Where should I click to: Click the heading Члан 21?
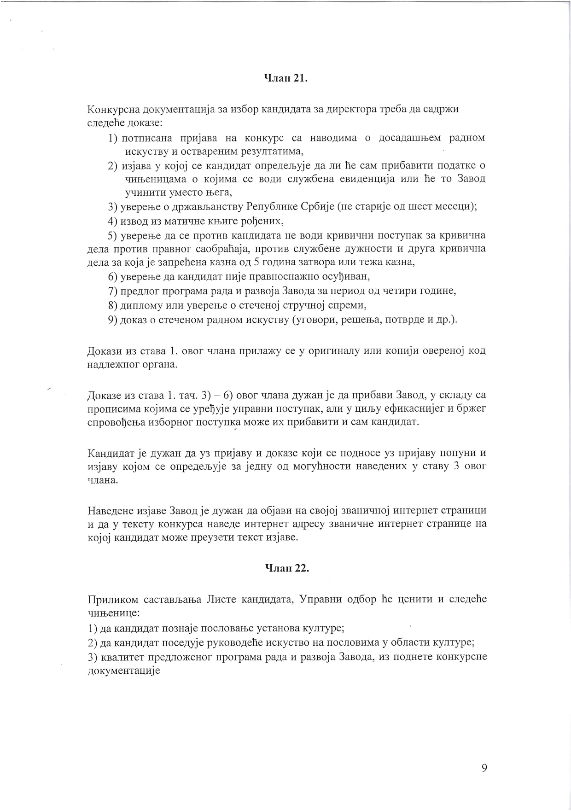pyautogui.click(x=285, y=78)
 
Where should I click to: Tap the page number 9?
pyautogui.click(x=484, y=767)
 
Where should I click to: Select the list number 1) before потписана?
pyautogui.click(x=114, y=138)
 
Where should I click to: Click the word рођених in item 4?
pyautogui.click(x=263, y=221)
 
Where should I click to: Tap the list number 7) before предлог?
pyautogui.click(x=113, y=291)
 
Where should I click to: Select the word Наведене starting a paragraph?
pyautogui.click(x=110, y=511)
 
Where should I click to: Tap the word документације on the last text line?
pyautogui.click(x=123, y=671)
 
